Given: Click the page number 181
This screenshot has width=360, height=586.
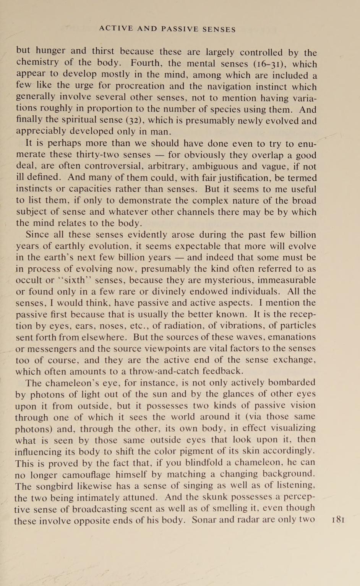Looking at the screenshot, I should [x=339, y=520].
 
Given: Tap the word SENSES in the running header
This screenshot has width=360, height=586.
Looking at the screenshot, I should [x=219, y=29].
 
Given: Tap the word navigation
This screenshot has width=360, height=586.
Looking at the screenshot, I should [x=228, y=87].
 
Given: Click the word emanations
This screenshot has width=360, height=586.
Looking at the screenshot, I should [x=292, y=337].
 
